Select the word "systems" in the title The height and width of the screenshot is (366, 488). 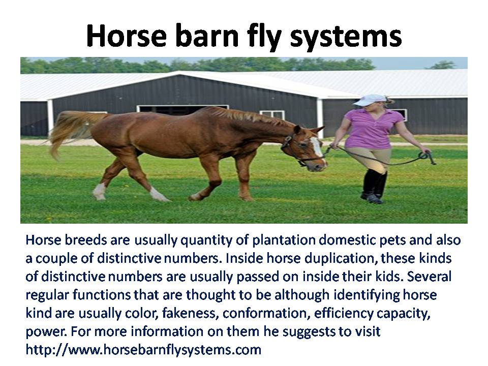tap(346, 37)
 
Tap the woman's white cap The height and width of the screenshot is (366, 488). tap(371, 100)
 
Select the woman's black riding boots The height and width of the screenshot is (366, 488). tap(374, 186)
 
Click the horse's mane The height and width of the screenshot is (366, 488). tap(246, 115)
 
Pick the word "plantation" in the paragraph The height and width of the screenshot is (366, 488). tap(284, 240)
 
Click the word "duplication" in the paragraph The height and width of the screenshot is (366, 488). tap(341, 259)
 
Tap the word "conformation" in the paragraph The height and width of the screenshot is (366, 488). tap(266, 313)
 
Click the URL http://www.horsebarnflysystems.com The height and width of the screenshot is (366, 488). tap(143, 350)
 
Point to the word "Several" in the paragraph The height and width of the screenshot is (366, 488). tap(429, 277)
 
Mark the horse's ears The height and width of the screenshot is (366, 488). tap(308, 129)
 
